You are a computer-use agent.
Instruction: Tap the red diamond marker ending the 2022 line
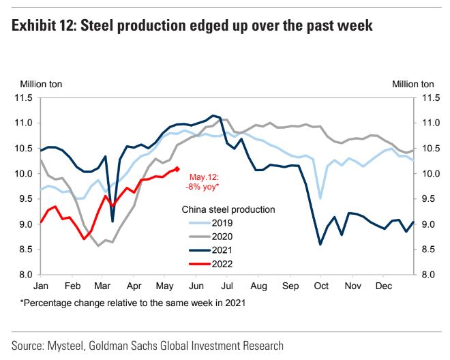point(177,168)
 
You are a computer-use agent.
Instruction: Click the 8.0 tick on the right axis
point(424,275)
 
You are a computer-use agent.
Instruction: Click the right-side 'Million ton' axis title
point(412,84)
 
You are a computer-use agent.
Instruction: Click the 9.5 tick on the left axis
point(25,199)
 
